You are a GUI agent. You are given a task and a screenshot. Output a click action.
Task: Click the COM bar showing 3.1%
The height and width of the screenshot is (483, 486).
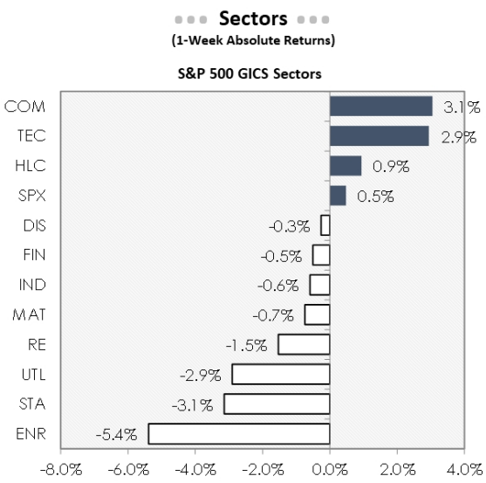point(380,107)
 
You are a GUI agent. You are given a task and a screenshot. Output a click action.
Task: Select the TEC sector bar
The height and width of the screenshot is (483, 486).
point(379,136)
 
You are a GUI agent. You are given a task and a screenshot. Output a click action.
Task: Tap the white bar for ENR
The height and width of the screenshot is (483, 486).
point(239,433)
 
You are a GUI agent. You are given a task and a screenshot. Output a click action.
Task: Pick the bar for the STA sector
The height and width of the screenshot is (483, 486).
point(277,404)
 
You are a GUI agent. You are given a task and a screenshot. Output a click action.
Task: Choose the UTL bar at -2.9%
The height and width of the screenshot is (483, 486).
point(281,374)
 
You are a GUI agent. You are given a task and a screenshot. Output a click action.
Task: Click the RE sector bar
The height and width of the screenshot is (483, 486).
point(304,344)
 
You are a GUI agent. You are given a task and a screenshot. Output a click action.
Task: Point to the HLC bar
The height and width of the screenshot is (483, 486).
point(345,166)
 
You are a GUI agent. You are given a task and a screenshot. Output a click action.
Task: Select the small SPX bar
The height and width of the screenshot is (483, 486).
point(338,196)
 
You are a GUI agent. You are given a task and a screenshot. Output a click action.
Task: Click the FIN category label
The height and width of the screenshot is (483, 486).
point(32,255)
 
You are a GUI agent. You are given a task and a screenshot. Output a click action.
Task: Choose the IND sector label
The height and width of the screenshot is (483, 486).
point(31,285)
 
